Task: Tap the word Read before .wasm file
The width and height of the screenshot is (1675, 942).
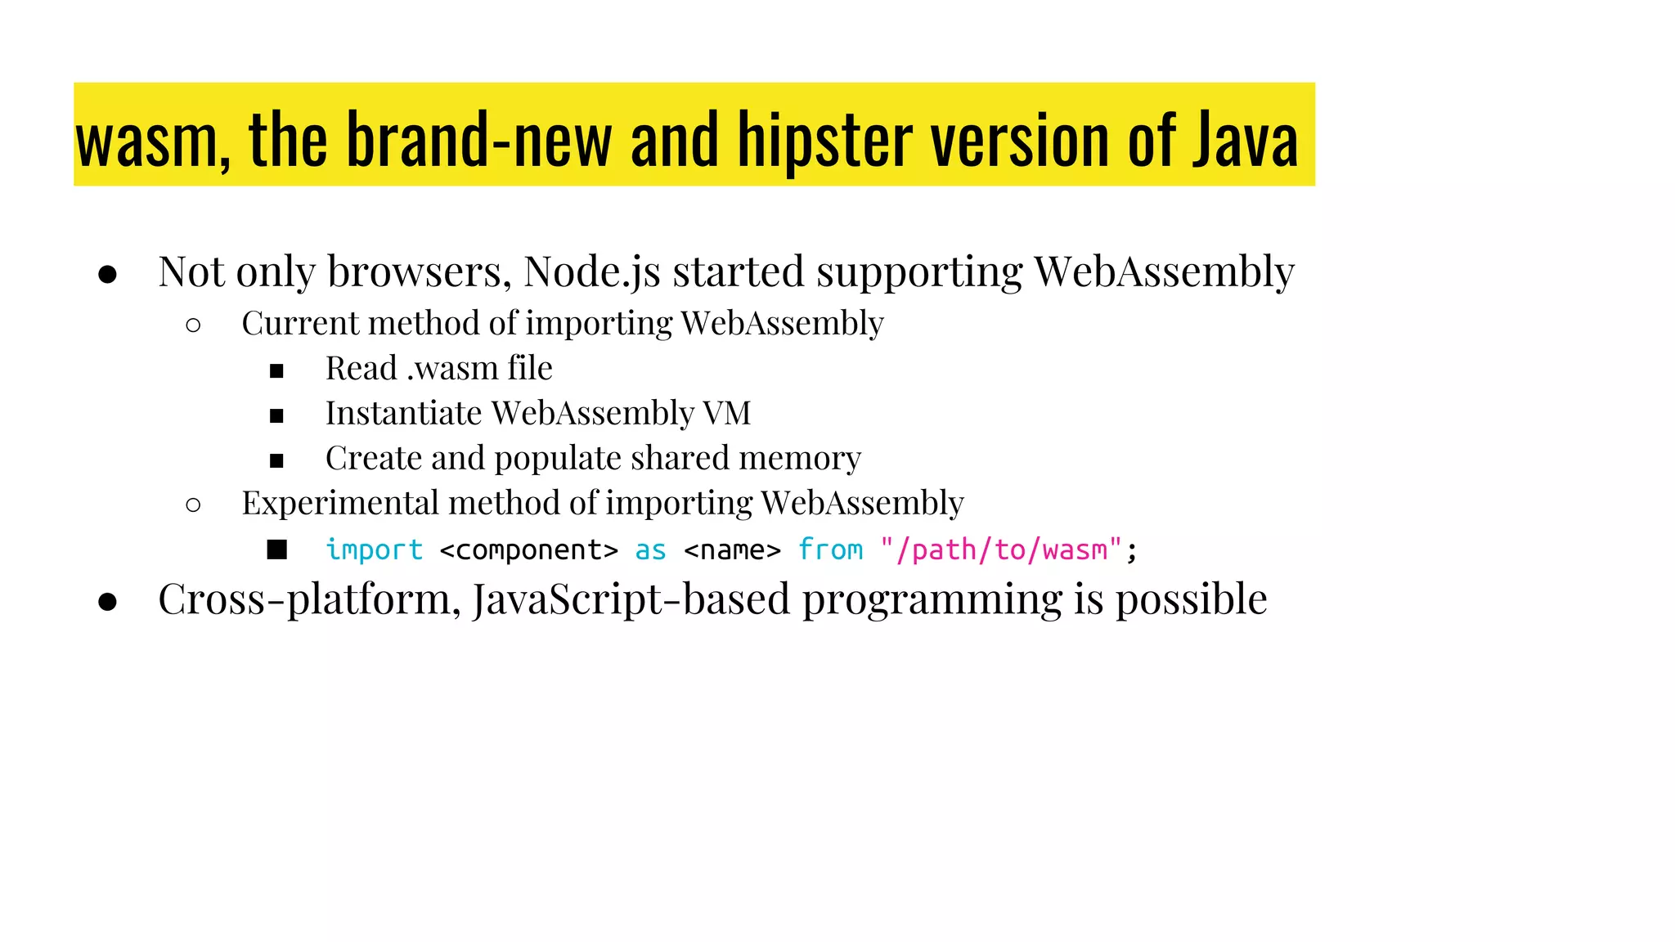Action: coord(361,369)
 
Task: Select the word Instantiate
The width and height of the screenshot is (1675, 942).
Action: coord(403,414)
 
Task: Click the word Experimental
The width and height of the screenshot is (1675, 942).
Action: coord(339,503)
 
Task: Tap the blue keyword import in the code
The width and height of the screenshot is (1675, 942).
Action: coord(375,550)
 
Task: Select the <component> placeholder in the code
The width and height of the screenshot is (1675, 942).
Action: coord(528,550)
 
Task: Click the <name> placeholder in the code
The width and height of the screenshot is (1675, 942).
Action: coord(732,550)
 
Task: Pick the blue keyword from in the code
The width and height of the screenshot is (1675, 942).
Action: coord(830,550)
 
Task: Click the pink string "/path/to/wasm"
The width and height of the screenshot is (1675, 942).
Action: coord(1000,550)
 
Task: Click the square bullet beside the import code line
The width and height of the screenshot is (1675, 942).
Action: coord(277,550)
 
